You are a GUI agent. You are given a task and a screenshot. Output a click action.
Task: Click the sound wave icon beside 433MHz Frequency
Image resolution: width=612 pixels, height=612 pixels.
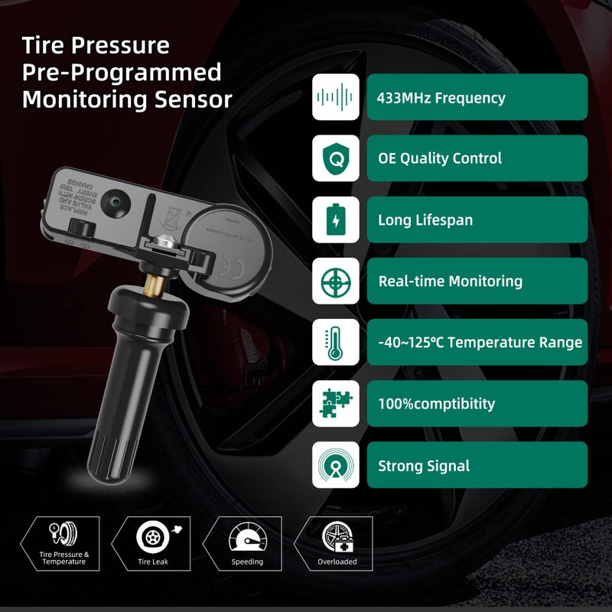coord(336,97)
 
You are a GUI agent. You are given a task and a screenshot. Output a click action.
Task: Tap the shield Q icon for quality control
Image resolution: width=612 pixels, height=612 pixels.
coord(336,158)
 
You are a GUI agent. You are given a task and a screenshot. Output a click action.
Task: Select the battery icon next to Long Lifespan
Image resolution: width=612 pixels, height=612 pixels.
coord(336,220)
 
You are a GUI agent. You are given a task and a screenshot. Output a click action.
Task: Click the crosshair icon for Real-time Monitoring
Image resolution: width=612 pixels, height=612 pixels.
coord(336,281)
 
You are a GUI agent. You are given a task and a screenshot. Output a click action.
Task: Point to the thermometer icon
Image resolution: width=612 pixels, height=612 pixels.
coord(336,342)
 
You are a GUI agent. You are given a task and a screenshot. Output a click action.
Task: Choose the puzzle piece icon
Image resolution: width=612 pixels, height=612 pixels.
coord(336,403)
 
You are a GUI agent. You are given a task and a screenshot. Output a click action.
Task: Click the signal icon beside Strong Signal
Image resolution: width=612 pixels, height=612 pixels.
coord(336,465)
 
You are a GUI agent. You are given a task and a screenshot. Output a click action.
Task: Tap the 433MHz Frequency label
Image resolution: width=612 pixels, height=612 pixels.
coord(441,98)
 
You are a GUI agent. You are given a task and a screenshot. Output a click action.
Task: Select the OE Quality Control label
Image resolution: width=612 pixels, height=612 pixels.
coord(440,158)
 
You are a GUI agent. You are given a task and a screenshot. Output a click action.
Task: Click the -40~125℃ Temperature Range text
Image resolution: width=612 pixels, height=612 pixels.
coord(480,342)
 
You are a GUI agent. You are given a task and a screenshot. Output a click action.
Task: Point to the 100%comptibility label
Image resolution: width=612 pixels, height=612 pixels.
coord(436,403)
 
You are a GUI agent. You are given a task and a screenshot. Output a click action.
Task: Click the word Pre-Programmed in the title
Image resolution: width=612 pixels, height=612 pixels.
coord(122,73)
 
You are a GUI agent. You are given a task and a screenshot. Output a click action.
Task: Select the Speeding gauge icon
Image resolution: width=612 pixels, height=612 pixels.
coord(247,536)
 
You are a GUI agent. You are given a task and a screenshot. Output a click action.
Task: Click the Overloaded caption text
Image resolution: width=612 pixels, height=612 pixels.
coord(337,562)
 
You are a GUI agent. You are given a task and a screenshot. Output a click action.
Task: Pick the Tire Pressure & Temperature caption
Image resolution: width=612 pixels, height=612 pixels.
coord(64,558)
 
